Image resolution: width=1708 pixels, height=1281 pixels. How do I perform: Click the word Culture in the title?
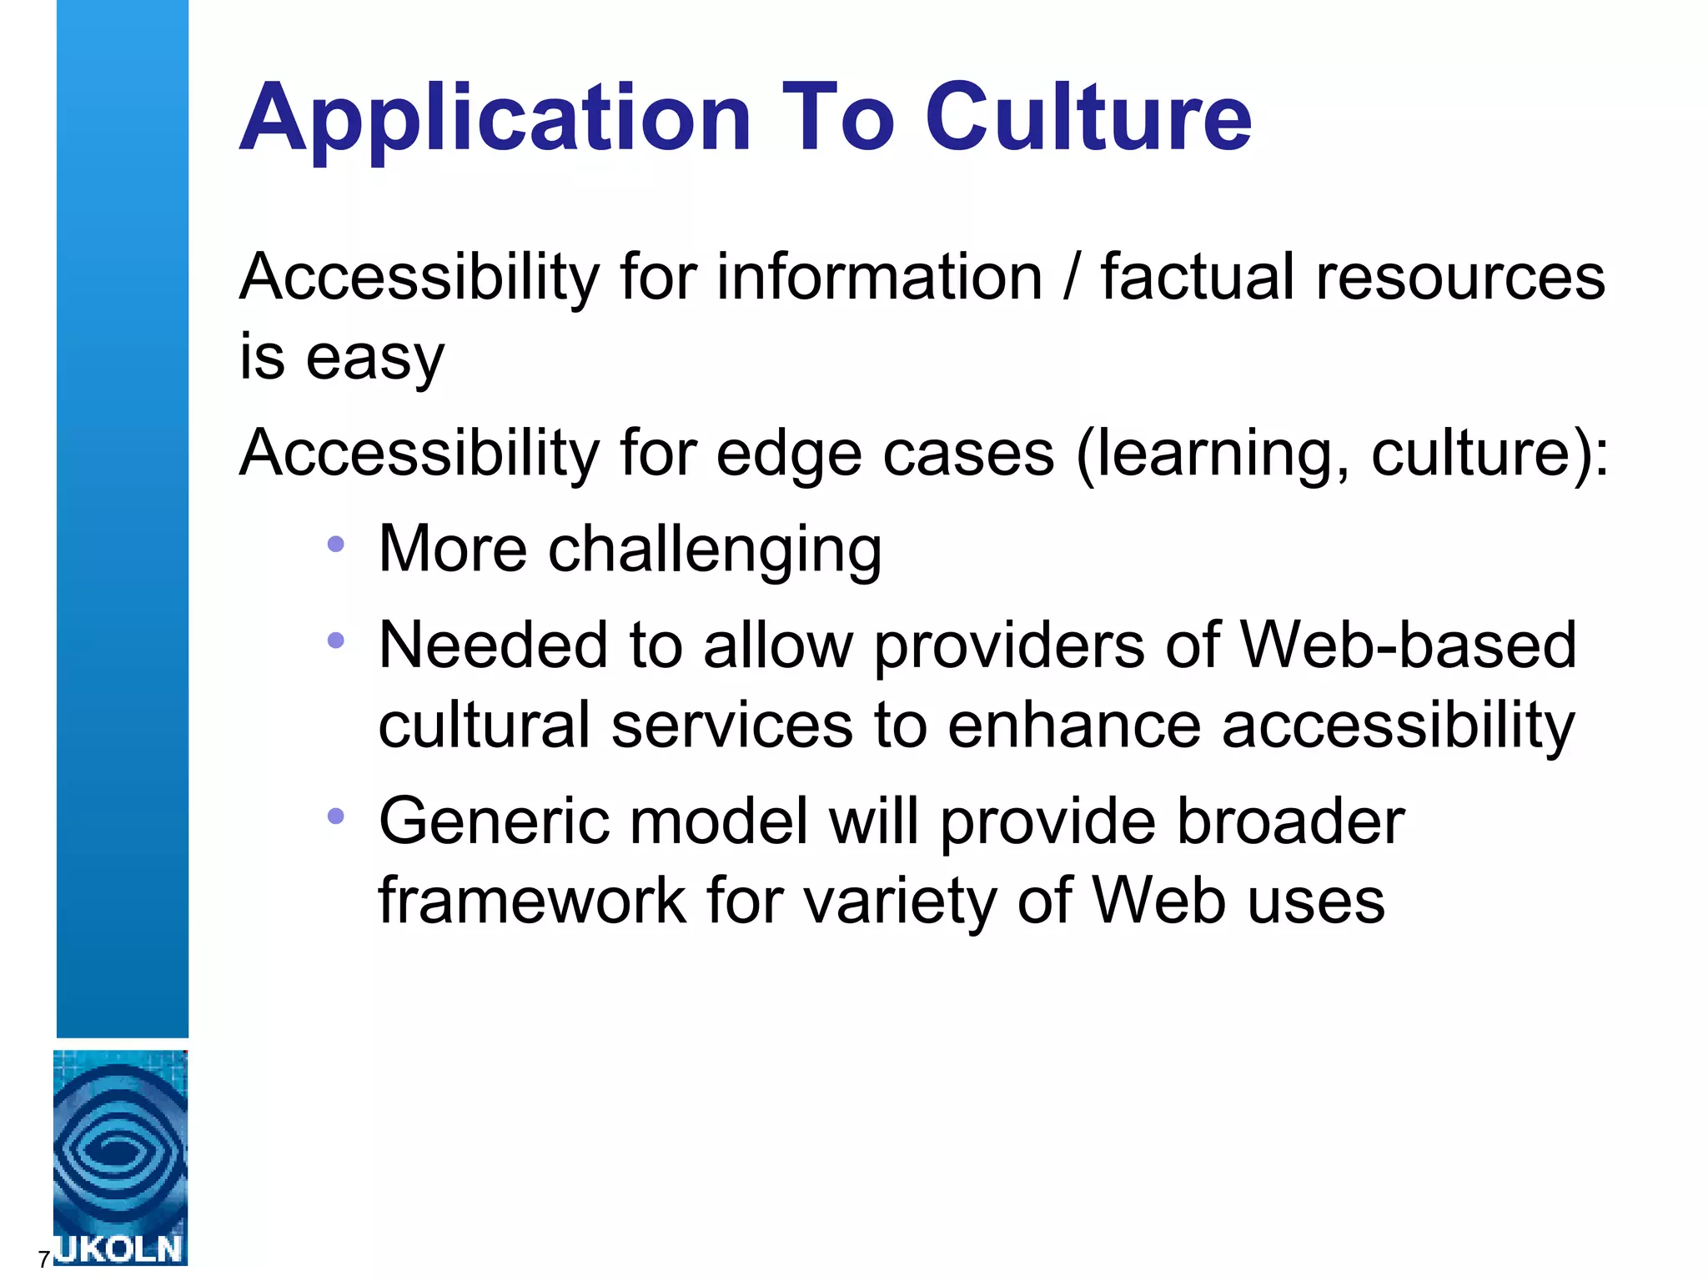coord(1088,118)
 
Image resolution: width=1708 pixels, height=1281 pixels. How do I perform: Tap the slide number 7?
coord(43,1258)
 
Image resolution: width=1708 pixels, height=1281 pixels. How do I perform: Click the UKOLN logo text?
coord(119,1249)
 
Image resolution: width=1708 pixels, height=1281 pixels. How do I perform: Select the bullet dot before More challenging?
coord(335,545)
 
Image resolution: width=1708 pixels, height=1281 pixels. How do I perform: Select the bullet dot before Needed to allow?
coord(335,640)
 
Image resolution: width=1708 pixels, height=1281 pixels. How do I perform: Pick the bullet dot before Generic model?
coord(335,816)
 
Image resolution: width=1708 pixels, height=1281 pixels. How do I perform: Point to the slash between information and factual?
coord(1072,277)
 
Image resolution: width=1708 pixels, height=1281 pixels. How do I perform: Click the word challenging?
coord(714,550)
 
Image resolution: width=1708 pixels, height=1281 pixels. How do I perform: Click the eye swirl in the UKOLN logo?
coord(119,1151)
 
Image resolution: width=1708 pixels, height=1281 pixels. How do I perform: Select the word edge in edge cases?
coord(788,455)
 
